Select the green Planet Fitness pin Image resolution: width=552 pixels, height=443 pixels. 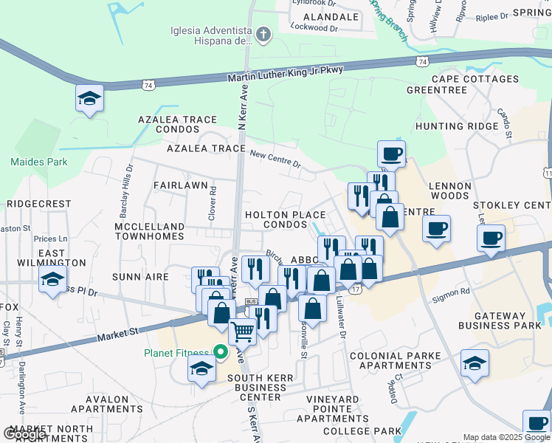click(x=219, y=352)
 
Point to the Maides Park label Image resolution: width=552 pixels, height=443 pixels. click(x=39, y=162)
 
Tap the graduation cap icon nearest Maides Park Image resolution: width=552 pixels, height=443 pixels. click(x=89, y=99)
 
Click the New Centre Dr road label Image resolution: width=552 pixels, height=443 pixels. click(x=275, y=158)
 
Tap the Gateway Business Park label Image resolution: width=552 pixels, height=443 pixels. click(x=500, y=320)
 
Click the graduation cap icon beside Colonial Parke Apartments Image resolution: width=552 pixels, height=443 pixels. click(x=475, y=363)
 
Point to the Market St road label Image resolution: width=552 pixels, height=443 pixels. click(x=118, y=335)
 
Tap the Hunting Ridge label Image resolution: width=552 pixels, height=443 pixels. click(x=457, y=126)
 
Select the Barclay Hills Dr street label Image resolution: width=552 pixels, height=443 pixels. click(x=128, y=182)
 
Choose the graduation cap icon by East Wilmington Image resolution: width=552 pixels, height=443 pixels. click(x=52, y=281)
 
